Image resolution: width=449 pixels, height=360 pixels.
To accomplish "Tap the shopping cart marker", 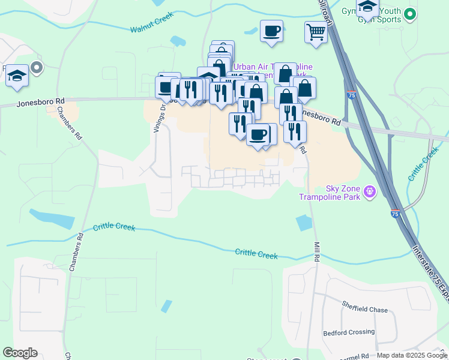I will (316, 32).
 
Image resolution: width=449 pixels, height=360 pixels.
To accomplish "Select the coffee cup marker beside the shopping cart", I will (271, 31).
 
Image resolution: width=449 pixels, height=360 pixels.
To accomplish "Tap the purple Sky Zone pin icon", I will (370, 192).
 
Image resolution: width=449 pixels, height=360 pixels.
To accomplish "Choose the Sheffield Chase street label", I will (365, 310).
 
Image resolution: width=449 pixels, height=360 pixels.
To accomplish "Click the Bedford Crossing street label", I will (349, 332).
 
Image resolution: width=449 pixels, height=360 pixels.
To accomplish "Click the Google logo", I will (20, 353).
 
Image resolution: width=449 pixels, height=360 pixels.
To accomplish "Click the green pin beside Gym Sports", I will (410, 13).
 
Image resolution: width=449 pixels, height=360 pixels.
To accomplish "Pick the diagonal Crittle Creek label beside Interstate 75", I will (423, 163).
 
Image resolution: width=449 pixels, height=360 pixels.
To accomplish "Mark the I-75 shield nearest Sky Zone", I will (394, 214).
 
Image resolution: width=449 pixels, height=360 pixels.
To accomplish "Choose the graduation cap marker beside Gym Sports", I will (367, 8).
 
